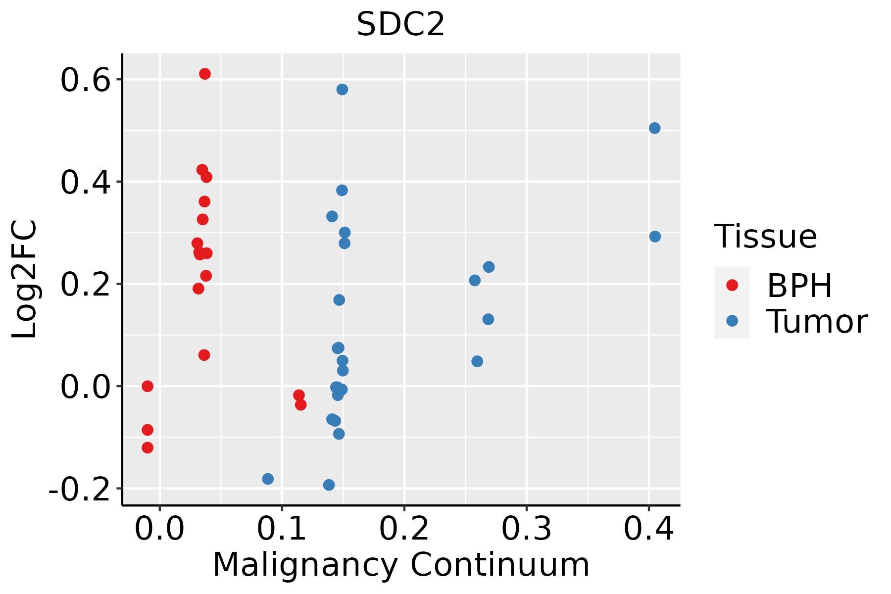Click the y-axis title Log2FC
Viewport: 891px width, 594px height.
pyautogui.click(x=25, y=279)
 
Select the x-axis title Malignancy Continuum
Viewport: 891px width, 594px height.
pyautogui.click(x=401, y=565)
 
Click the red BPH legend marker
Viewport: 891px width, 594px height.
pyautogui.click(x=732, y=285)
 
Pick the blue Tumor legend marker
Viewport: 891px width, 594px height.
pyautogui.click(x=732, y=321)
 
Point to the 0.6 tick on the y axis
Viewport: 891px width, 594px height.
pyautogui.click(x=85, y=80)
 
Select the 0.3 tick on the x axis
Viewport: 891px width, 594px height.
pyautogui.click(x=526, y=529)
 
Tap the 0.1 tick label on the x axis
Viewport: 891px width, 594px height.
pyautogui.click(x=282, y=529)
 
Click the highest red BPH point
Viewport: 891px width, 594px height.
pyautogui.click(x=204, y=74)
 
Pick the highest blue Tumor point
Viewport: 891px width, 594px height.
pyautogui.click(x=342, y=89)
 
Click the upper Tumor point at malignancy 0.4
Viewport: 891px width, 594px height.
pyautogui.click(x=654, y=128)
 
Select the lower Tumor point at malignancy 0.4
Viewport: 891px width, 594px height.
pyautogui.click(x=655, y=237)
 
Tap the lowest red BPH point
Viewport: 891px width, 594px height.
pyautogui.click(x=148, y=447)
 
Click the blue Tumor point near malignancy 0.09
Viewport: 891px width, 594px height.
pyautogui.click(x=268, y=479)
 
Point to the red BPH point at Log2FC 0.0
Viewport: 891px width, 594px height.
pyautogui.click(x=148, y=386)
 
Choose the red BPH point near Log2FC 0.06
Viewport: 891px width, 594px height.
pyautogui.click(x=204, y=355)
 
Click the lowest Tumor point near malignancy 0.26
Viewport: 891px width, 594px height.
pyautogui.click(x=477, y=361)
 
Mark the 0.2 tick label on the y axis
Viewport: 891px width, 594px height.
pyautogui.click(x=85, y=285)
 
